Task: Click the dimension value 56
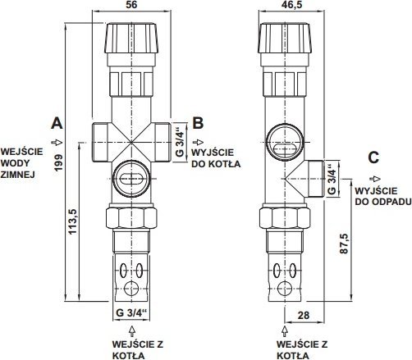tap(131, 5)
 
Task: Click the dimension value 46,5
tap(291, 5)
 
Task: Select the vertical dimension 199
tap(58, 162)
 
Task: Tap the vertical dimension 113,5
tap(73, 221)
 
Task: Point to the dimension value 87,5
tap(344, 244)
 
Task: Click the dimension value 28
tap(304, 315)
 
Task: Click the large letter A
tap(57, 123)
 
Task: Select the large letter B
tap(198, 123)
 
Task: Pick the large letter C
tap(373, 157)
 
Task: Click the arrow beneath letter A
tap(57, 143)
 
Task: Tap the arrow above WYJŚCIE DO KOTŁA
tap(198, 142)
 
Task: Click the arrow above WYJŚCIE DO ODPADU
tap(375, 179)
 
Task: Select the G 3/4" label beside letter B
tap(180, 142)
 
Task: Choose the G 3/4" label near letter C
tap(332, 179)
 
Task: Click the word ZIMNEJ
tap(17, 175)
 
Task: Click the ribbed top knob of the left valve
tap(131, 38)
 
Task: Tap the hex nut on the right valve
tap(285, 218)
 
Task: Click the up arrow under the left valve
tap(132, 330)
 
